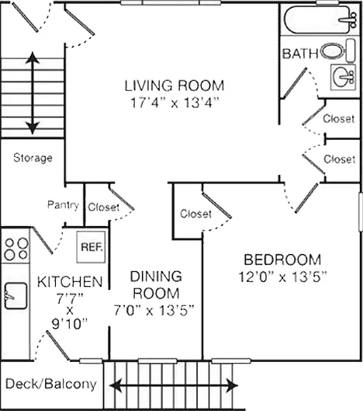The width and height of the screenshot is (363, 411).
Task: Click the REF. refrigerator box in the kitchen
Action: [x=91, y=246]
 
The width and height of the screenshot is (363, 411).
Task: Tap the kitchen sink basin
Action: [x=16, y=295]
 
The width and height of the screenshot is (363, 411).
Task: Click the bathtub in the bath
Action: [x=320, y=19]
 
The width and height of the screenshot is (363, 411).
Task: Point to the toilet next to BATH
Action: [x=338, y=51]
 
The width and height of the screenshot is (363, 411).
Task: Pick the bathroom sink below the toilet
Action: [x=343, y=77]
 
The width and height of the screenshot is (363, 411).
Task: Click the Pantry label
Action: [x=63, y=205]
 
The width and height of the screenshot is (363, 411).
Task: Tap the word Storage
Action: [x=33, y=158]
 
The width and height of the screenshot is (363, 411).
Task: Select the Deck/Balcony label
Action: [x=51, y=385]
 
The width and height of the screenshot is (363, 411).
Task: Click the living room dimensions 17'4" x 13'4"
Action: [x=174, y=103]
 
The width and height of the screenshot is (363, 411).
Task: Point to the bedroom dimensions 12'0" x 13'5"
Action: [x=282, y=277]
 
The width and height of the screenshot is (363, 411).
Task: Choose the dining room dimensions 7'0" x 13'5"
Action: [x=154, y=311]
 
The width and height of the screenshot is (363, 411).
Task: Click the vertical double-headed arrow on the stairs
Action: [x=33, y=93]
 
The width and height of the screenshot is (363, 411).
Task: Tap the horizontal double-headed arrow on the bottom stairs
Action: [x=174, y=385]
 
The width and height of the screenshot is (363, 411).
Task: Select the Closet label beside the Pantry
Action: [x=104, y=207]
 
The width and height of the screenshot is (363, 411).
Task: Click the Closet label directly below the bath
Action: [x=339, y=119]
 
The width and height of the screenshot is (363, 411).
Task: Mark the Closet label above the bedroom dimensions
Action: [x=195, y=214]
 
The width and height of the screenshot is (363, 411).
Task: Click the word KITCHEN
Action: [x=70, y=282]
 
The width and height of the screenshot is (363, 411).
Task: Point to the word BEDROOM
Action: [x=282, y=259]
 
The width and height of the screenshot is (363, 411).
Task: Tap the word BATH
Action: [x=300, y=54]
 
